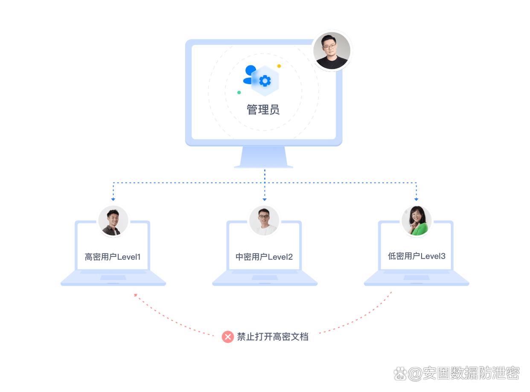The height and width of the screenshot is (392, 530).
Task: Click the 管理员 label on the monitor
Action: [263, 109]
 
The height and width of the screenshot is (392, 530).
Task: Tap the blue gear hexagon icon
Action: [265, 81]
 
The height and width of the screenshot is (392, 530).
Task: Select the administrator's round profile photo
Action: [332, 50]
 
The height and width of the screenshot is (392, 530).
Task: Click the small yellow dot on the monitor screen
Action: [279, 66]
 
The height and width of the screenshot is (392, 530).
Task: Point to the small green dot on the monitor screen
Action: [239, 92]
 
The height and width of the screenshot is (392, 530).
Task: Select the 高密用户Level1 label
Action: [113, 257]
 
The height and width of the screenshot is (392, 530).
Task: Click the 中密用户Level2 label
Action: [264, 257]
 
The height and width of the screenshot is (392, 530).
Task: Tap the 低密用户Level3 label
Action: [416, 256]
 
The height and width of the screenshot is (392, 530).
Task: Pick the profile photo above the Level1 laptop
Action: [113, 221]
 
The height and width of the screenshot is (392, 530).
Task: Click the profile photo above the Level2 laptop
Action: [264, 221]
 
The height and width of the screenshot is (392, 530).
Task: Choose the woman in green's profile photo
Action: [416, 221]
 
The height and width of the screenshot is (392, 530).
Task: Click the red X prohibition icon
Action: [228, 337]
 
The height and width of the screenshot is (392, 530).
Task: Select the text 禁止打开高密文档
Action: [273, 337]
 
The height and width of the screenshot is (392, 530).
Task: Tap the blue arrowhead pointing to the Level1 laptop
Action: [113, 199]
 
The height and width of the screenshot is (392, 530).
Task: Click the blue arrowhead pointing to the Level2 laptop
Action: [265, 199]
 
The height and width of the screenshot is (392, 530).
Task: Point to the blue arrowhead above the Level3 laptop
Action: [416, 199]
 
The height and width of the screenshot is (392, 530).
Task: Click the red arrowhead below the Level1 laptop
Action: [136, 295]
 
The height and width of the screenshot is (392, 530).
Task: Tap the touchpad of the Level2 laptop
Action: [265, 277]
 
